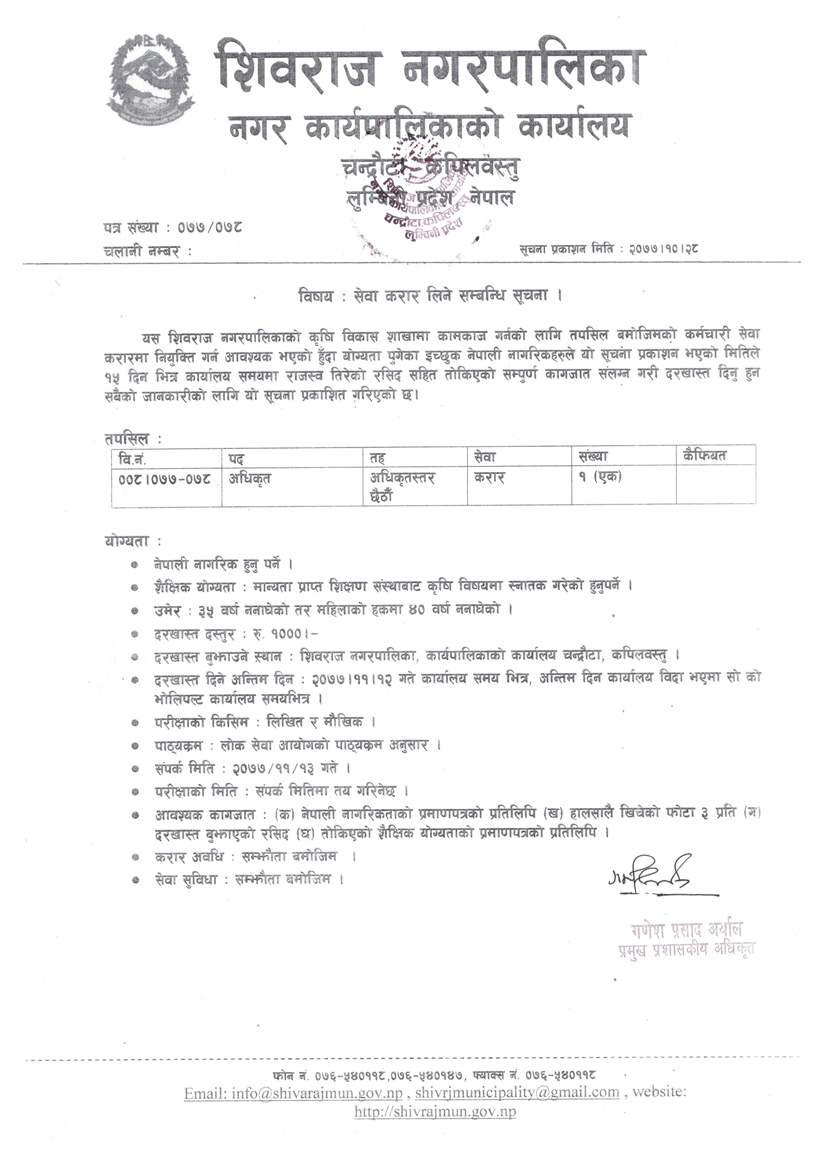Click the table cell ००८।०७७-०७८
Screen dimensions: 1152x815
coord(165,479)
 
